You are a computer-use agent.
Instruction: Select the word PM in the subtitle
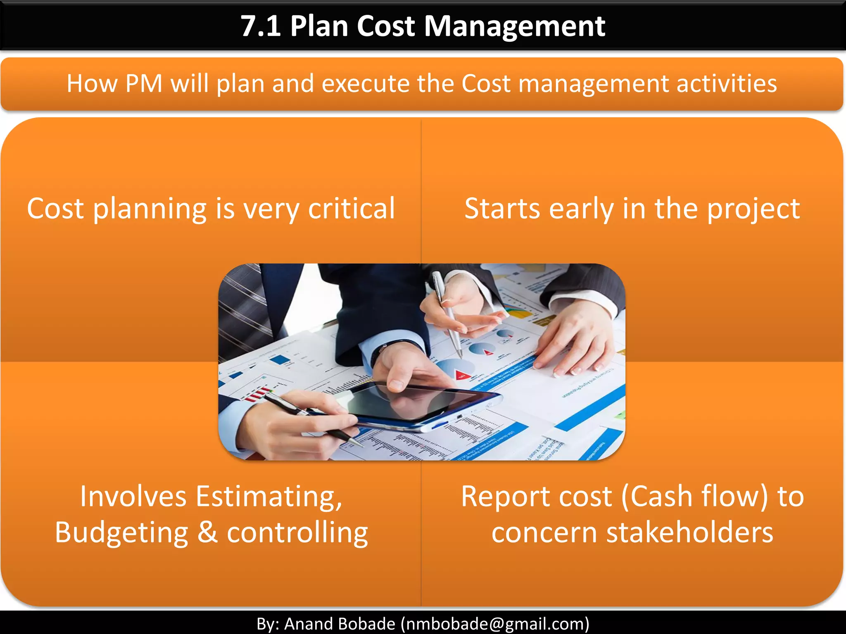143,84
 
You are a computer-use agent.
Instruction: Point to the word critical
352,208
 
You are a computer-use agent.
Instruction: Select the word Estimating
269,496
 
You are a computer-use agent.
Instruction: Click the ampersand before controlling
207,532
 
